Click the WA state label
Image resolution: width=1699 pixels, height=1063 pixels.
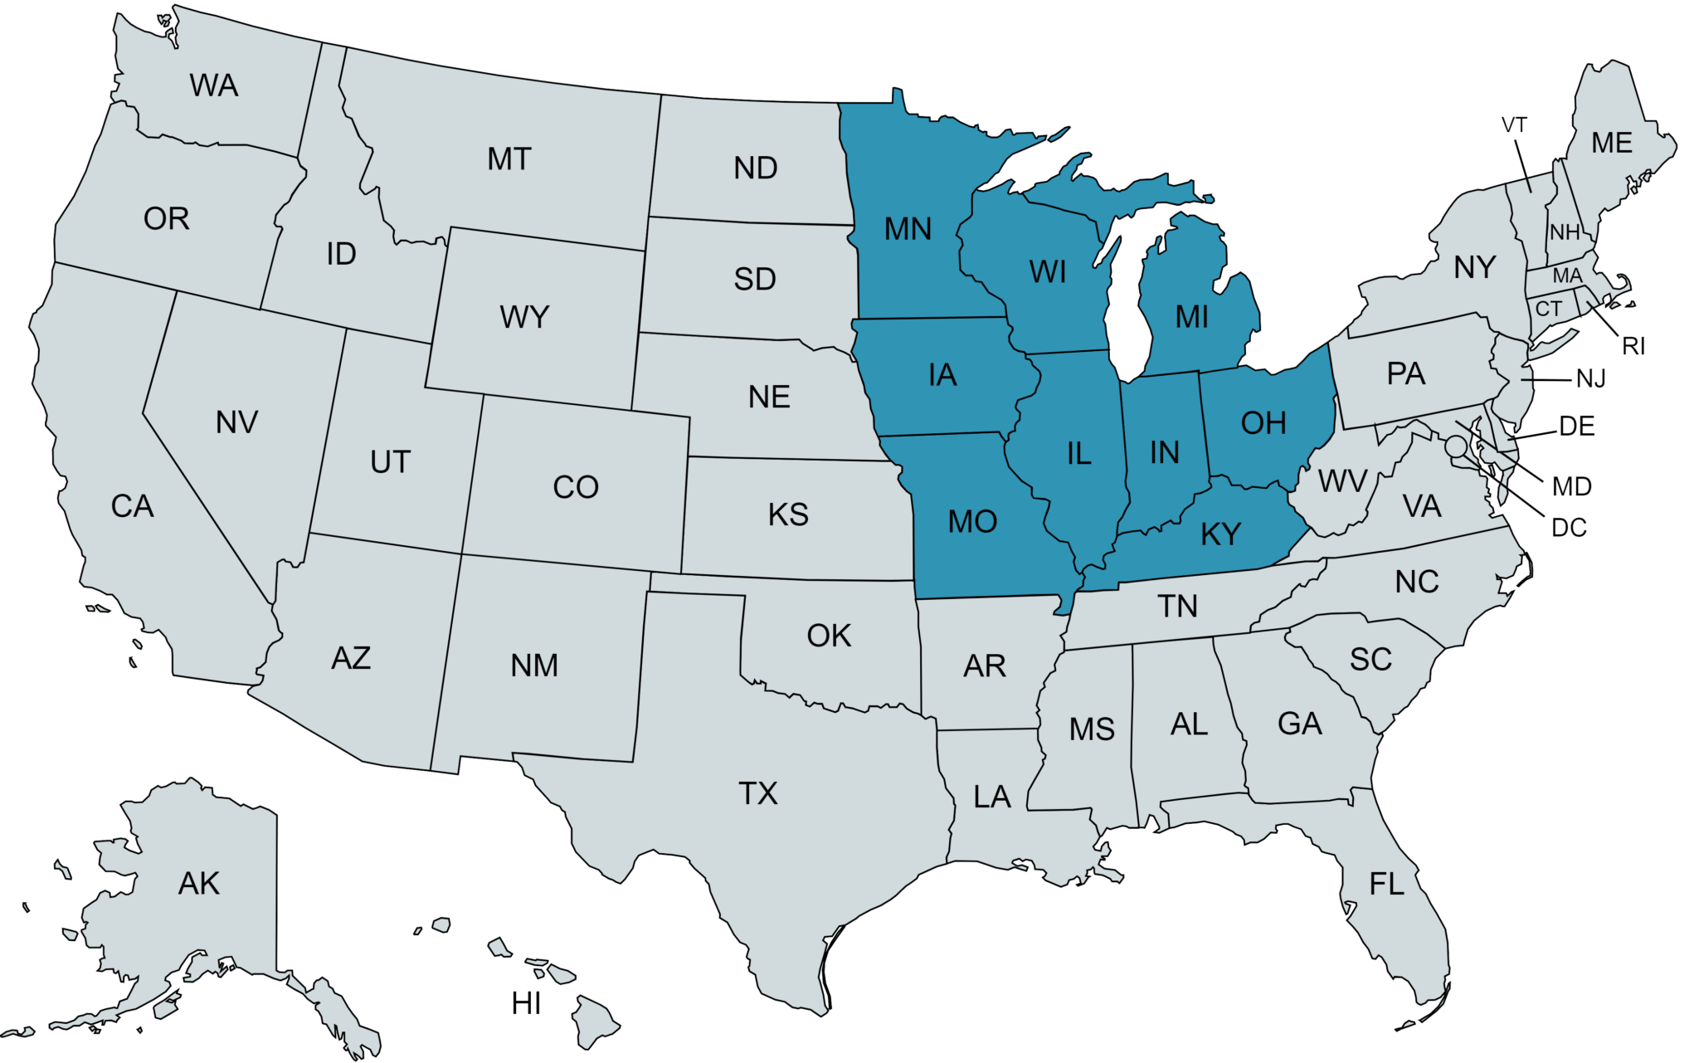[x=214, y=85]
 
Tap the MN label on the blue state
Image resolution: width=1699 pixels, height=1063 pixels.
[x=908, y=228]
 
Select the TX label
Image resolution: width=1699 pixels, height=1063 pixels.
[x=758, y=793]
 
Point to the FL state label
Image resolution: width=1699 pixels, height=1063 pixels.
[x=1387, y=884]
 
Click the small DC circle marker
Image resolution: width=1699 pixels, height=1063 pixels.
[x=1454, y=446]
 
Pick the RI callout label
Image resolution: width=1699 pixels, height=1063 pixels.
[x=1633, y=346]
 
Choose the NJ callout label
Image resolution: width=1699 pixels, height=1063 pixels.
[x=1590, y=379]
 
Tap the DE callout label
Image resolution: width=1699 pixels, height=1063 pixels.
[x=1577, y=426]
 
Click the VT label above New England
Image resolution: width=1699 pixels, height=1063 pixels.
[x=1514, y=125]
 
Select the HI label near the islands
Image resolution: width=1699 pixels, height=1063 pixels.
[x=526, y=1004]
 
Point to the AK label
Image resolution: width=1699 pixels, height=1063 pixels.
[x=199, y=884]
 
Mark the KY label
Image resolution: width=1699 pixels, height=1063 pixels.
[x=1221, y=534]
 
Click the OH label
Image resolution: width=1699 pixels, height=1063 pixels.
[x=1263, y=423]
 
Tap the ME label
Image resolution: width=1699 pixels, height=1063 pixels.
[x=1612, y=143]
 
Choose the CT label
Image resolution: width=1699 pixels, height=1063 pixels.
[x=1548, y=309]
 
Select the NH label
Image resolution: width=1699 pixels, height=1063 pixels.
[x=1565, y=232]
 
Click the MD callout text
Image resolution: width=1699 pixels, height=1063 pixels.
[x=1572, y=485]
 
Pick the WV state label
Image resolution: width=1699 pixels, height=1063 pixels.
[x=1342, y=480]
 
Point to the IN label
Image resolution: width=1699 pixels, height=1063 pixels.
[x=1165, y=452]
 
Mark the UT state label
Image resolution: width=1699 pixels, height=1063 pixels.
[x=390, y=461]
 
